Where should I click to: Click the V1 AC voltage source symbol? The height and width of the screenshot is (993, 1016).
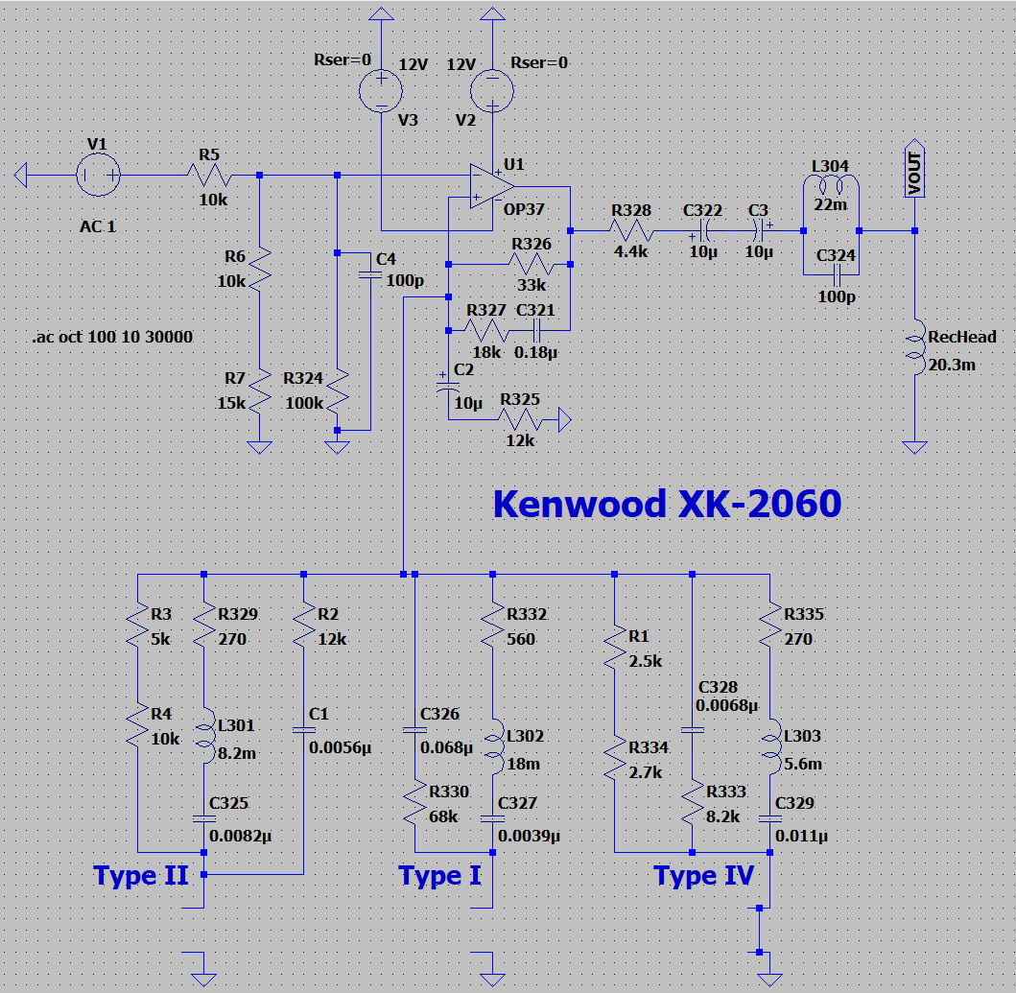(x=98, y=176)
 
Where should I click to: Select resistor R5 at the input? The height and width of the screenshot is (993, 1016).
(x=209, y=176)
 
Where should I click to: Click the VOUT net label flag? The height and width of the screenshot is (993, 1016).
(x=914, y=174)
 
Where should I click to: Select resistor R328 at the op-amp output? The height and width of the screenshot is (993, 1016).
(x=631, y=230)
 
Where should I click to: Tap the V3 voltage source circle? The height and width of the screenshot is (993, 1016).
(x=381, y=92)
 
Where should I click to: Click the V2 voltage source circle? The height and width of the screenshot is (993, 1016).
(x=492, y=92)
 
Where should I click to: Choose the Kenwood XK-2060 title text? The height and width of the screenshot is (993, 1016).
(x=667, y=504)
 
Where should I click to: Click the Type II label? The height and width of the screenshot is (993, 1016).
(x=140, y=875)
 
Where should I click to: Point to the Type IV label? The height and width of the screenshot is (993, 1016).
(x=703, y=875)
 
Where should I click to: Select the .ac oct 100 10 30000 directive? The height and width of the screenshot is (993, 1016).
(x=111, y=338)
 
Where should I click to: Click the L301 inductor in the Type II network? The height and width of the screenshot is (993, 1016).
(x=204, y=737)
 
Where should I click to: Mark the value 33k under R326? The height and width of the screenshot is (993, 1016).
(x=532, y=285)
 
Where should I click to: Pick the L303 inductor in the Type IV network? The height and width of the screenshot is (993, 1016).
(x=770, y=748)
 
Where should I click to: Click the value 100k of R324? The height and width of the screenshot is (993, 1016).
(x=304, y=403)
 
